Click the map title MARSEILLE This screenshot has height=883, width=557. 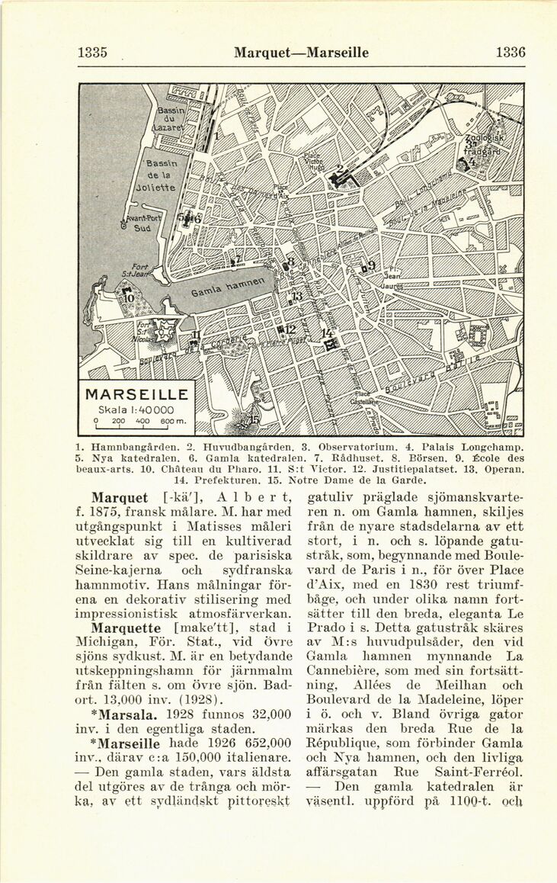click(x=137, y=395)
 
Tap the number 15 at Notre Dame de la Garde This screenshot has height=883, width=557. click(x=253, y=420)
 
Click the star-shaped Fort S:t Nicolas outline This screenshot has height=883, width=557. click(x=165, y=330)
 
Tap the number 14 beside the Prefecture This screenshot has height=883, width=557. click(x=326, y=334)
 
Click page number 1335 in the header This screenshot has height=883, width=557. click(x=92, y=53)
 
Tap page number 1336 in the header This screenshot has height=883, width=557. click(x=510, y=53)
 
